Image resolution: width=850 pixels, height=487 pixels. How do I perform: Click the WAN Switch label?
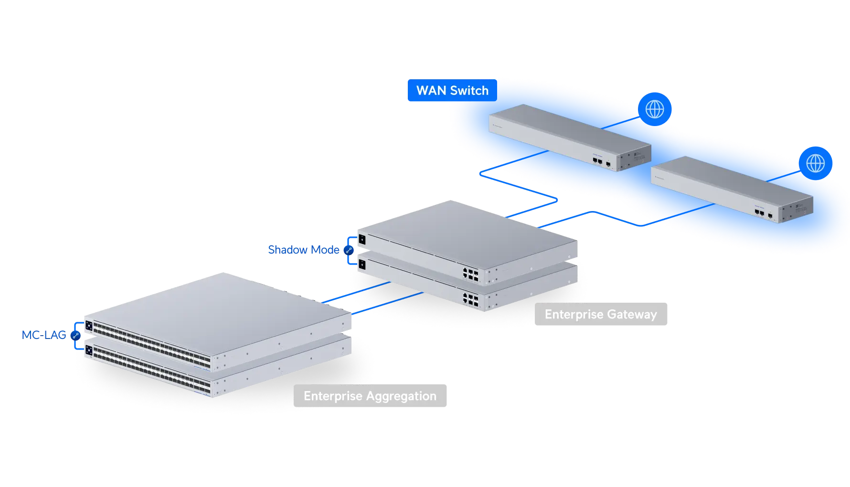coord(452,91)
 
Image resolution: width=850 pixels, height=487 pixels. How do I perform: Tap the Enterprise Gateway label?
coord(601,315)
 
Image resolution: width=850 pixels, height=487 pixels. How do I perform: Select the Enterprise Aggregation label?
coord(370,396)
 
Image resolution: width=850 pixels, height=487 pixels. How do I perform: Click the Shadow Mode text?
coord(303,250)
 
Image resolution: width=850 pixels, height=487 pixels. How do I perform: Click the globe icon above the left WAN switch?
coord(655,109)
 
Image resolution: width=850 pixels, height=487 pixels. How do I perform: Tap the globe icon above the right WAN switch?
coord(815,163)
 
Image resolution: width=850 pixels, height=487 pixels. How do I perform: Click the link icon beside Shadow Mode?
coord(349,250)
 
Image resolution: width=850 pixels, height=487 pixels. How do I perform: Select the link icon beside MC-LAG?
coord(75,335)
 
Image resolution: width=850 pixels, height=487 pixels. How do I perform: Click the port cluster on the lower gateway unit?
coord(470,299)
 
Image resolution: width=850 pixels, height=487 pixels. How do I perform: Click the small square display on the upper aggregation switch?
coord(89,326)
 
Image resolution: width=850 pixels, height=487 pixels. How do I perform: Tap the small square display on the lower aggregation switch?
coord(89,351)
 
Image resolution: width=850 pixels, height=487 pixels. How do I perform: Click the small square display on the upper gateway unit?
coord(362,239)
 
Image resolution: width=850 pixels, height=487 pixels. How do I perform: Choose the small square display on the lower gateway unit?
coord(362,264)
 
